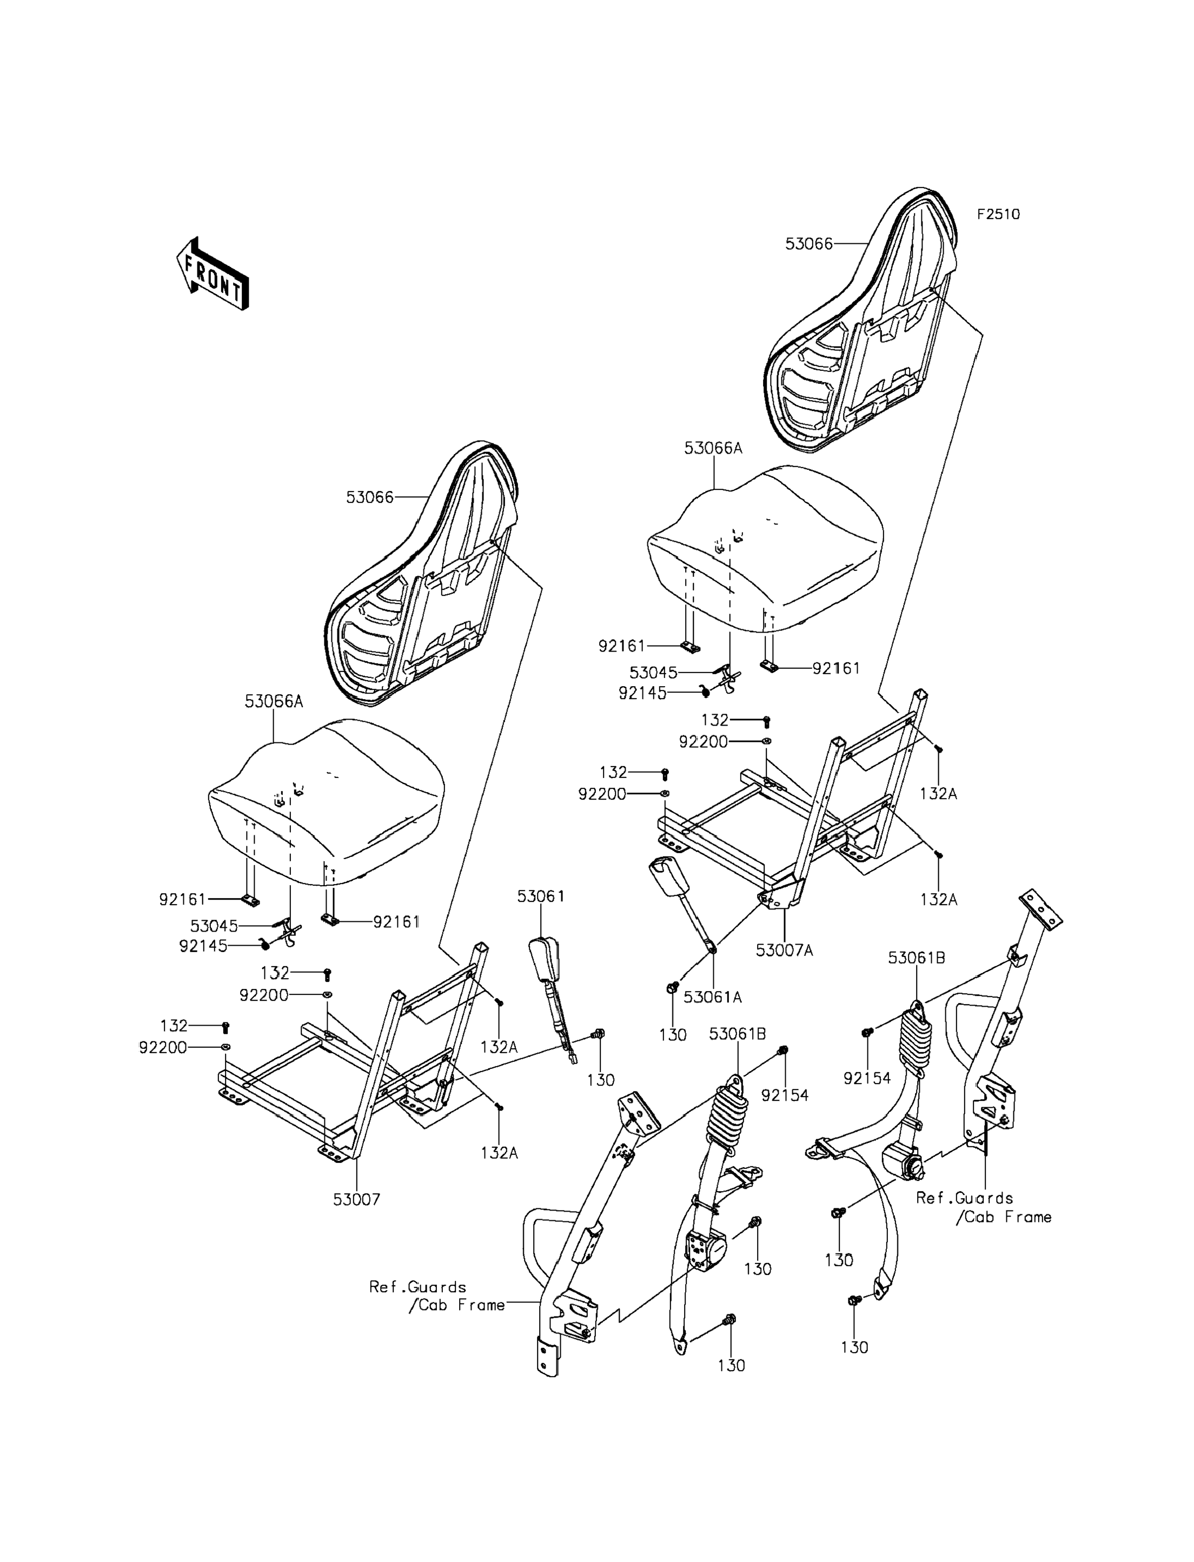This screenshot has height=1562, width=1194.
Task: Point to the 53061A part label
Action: [x=713, y=997]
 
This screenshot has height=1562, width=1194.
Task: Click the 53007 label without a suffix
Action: [x=357, y=1200]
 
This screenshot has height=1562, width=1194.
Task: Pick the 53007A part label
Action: [x=784, y=950]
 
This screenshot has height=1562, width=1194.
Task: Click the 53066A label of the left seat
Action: [x=274, y=701]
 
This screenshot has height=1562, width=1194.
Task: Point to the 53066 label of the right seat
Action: [x=809, y=244]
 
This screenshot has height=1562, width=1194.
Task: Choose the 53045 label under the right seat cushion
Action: [x=653, y=672]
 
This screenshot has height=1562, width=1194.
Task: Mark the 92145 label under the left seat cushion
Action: [x=203, y=946]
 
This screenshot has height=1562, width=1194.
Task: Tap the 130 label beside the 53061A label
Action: [x=672, y=1035]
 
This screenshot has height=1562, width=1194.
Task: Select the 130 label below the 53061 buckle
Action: [x=601, y=1080]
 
